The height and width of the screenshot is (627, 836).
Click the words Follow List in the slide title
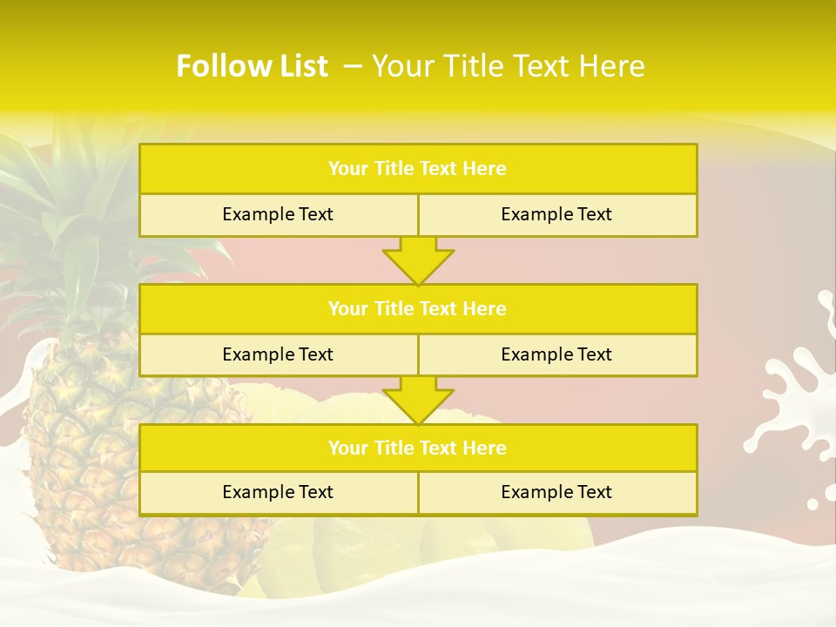pos(252,66)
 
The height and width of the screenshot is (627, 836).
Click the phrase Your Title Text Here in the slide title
pos(508,66)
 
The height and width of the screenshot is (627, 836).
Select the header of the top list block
pos(417,169)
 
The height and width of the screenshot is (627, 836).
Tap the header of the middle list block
pos(417,309)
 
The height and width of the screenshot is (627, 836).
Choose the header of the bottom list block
pos(417,448)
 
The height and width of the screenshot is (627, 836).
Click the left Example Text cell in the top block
pos(278,215)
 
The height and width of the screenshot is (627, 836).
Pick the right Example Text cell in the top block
pos(556,215)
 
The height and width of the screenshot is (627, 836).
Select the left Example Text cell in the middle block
pos(278,355)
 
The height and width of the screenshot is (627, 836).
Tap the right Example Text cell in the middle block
pos(556,355)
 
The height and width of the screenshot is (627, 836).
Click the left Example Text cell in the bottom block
pos(278,493)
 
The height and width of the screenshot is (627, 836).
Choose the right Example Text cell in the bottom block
pos(556,493)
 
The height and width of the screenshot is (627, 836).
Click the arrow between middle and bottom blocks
pos(418,400)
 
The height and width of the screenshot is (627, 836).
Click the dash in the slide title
pos(353,66)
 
